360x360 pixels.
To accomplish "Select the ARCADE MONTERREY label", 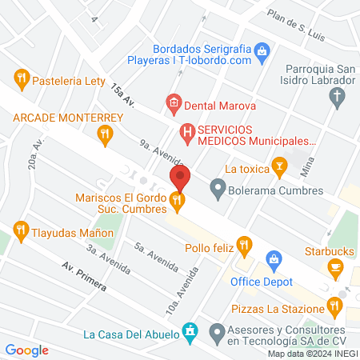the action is (67, 118).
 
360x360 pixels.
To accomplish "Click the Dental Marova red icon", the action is (172, 102).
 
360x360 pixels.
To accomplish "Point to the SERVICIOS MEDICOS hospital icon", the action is (186, 130).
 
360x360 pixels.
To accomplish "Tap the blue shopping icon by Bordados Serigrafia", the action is (261, 54).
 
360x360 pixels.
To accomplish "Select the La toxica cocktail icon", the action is (279, 167).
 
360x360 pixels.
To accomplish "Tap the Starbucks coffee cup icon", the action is (336, 266).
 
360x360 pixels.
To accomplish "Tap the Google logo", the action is (27, 350).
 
